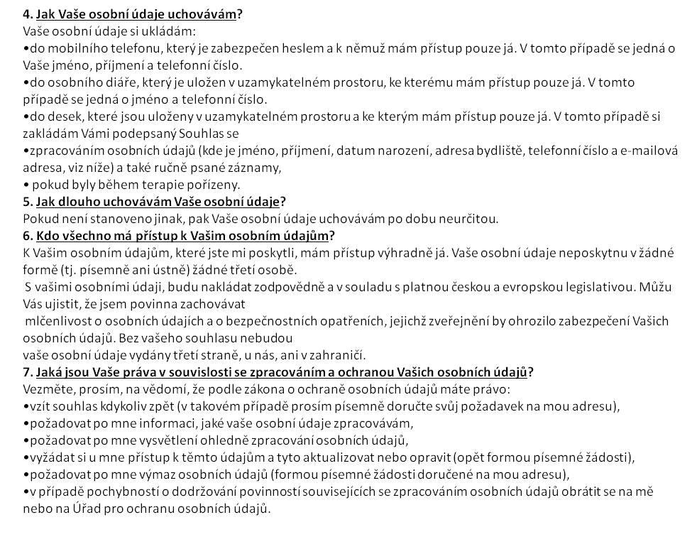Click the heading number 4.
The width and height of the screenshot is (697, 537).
coord(27,14)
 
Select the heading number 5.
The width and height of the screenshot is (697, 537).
coord(27,202)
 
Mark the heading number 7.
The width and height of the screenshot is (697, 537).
coord(27,372)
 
